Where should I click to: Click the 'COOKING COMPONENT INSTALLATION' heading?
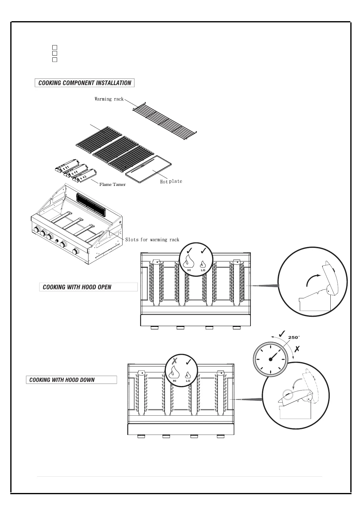point(85,83)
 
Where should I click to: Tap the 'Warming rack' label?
point(109,99)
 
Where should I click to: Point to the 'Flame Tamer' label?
point(112,184)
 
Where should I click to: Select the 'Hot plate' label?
point(171,181)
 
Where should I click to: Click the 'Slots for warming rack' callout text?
point(152,240)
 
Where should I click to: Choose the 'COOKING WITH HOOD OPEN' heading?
point(77,287)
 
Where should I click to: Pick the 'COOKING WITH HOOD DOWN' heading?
point(62,380)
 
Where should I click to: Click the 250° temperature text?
point(294,337)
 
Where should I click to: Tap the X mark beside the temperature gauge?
point(297,349)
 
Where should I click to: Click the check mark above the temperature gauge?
point(282,333)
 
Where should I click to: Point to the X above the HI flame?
point(175,361)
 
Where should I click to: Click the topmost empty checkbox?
point(55,47)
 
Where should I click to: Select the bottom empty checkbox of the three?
point(55,60)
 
